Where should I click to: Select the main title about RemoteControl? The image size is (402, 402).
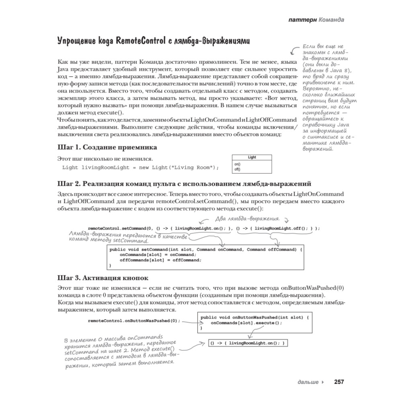point(153,41)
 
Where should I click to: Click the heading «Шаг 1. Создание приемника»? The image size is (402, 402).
point(107,147)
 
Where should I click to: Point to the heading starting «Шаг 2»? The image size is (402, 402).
point(185,184)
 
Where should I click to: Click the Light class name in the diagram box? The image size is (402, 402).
point(252,157)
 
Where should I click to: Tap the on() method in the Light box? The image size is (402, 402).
point(237,164)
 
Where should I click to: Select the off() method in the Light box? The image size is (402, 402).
point(237,169)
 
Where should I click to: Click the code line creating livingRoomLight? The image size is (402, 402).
point(141,167)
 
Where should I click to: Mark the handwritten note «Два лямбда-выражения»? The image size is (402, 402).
point(248,219)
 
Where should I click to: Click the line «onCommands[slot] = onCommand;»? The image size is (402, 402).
point(158,255)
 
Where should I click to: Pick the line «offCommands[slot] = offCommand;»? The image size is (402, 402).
point(160,260)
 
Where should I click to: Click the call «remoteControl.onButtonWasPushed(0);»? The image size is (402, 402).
point(134,321)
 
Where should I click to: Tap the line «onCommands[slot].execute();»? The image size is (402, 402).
point(246,322)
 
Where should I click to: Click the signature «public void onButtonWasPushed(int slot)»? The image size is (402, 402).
point(254,317)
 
